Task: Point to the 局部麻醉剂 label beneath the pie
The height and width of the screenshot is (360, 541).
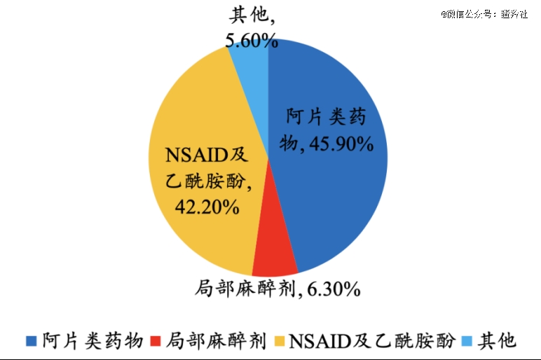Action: pyautogui.click(x=246, y=287)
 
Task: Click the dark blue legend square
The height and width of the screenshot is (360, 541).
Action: pyautogui.click(x=30, y=341)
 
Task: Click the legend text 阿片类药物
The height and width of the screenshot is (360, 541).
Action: pyautogui.click(x=92, y=340)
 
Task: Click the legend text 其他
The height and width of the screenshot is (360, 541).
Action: pyautogui.click(x=497, y=340)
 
